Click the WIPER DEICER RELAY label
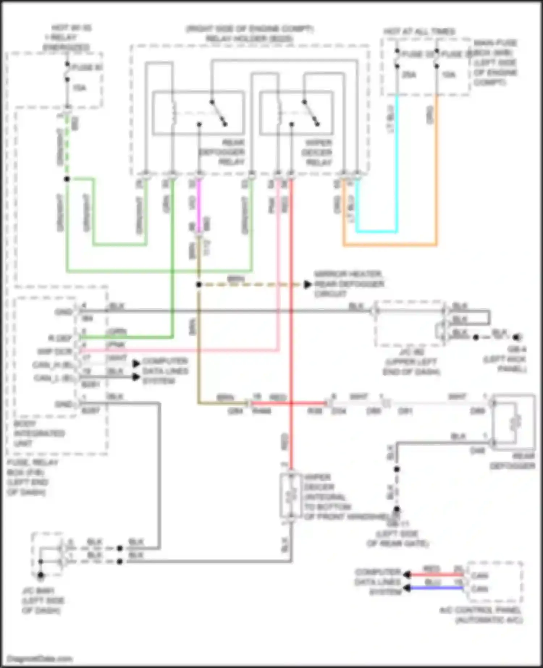click(317, 152)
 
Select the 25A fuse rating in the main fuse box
click(409, 75)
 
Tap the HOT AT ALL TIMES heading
click(419, 32)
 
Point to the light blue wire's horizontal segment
click(376, 231)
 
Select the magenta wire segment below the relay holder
click(198, 206)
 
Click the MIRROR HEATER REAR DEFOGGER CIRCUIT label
click(349, 284)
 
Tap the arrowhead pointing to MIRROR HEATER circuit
click(307, 285)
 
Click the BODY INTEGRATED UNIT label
click(39, 433)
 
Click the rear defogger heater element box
click(514, 422)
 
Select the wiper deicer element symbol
click(290, 496)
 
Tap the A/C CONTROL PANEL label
click(481, 615)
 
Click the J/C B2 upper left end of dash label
click(411, 362)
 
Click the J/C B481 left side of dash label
click(43, 601)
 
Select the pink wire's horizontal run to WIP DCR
click(181, 350)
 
